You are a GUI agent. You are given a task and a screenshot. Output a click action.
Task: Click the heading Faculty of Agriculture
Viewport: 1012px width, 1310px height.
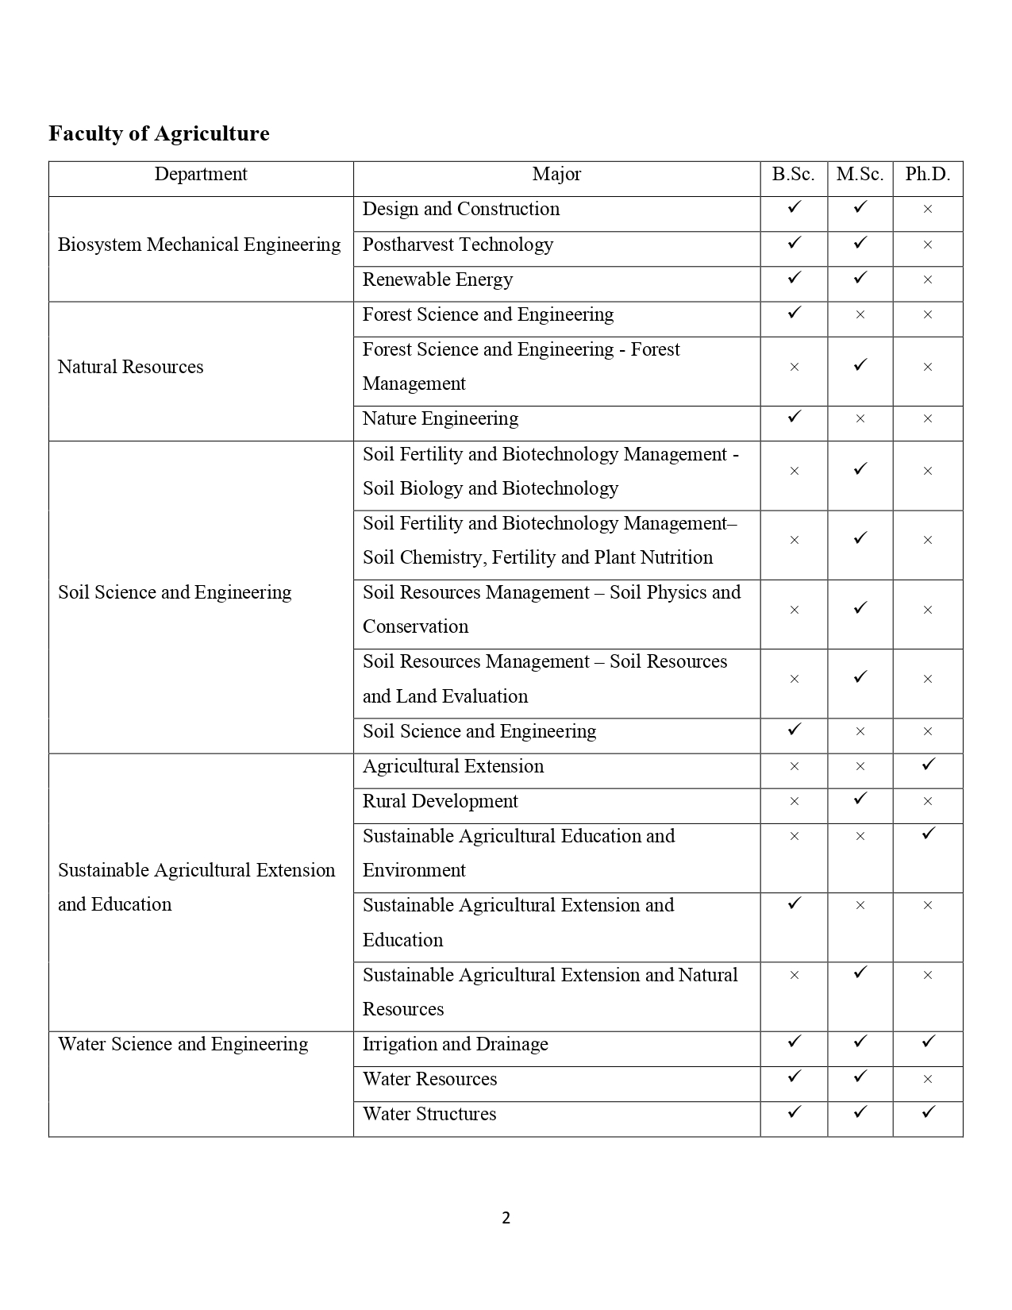(x=159, y=133)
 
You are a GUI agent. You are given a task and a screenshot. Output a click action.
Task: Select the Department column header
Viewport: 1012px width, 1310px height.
(x=201, y=175)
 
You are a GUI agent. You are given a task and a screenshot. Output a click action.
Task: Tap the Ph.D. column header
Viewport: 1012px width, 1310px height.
(x=927, y=175)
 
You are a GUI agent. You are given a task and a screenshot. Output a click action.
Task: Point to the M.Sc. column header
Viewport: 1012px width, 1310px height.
(x=860, y=175)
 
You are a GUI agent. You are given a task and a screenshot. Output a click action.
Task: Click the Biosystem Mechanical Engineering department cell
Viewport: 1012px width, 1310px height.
(x=199, y=245)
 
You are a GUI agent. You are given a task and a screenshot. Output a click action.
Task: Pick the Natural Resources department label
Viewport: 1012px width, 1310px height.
(x=131, y=367)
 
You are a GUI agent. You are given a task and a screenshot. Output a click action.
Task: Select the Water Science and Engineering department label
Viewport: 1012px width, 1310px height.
(x=183, y=1044)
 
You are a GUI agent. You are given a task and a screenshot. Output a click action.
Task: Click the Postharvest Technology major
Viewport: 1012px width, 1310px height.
(x=458, y=245)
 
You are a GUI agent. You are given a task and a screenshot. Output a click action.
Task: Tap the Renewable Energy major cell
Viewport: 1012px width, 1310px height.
(x=437, y=279)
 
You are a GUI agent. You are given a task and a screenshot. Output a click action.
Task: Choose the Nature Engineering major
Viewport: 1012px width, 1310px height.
(x=441, y=418)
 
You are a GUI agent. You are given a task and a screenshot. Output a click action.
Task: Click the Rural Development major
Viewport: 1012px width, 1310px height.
(x=441, y=801)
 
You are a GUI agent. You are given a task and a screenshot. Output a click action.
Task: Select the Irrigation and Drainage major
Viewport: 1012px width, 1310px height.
(x=456, y=1044)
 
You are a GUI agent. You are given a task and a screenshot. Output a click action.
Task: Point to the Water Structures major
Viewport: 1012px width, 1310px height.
(x=429, y=1114)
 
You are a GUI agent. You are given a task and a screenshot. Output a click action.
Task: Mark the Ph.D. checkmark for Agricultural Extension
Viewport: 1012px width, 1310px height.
(x=928, y=764)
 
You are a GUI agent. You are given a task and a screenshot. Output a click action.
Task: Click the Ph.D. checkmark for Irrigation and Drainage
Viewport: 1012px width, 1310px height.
(x=928, y=1041)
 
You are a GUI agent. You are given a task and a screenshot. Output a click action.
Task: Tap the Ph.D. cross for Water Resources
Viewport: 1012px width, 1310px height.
(x=928, y=1079)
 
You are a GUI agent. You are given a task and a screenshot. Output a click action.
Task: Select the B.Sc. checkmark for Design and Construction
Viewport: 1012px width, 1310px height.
(x=794, y=207)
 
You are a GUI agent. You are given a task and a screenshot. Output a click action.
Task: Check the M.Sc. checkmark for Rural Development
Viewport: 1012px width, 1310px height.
(x=860, y=799)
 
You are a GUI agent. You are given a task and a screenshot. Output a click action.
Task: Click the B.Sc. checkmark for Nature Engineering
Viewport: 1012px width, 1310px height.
(x=794, y=416)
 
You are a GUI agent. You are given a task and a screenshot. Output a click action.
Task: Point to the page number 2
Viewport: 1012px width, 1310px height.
(x=506, y=1218)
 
